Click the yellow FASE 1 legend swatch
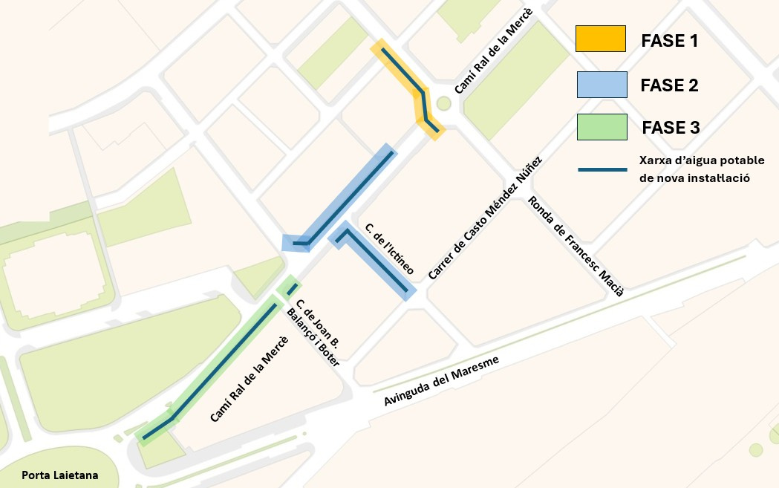click(600, 39)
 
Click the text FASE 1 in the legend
click(669, 41)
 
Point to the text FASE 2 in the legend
click(669, 85)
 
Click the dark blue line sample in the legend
click(602, 169)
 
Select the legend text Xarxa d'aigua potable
click(702, 160)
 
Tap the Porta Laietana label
click(59, 475)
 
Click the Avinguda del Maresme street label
click(443, 381)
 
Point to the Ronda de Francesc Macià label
click(575, 246)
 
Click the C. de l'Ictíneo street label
click(388, 248)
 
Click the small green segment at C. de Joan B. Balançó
click(291, 288)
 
